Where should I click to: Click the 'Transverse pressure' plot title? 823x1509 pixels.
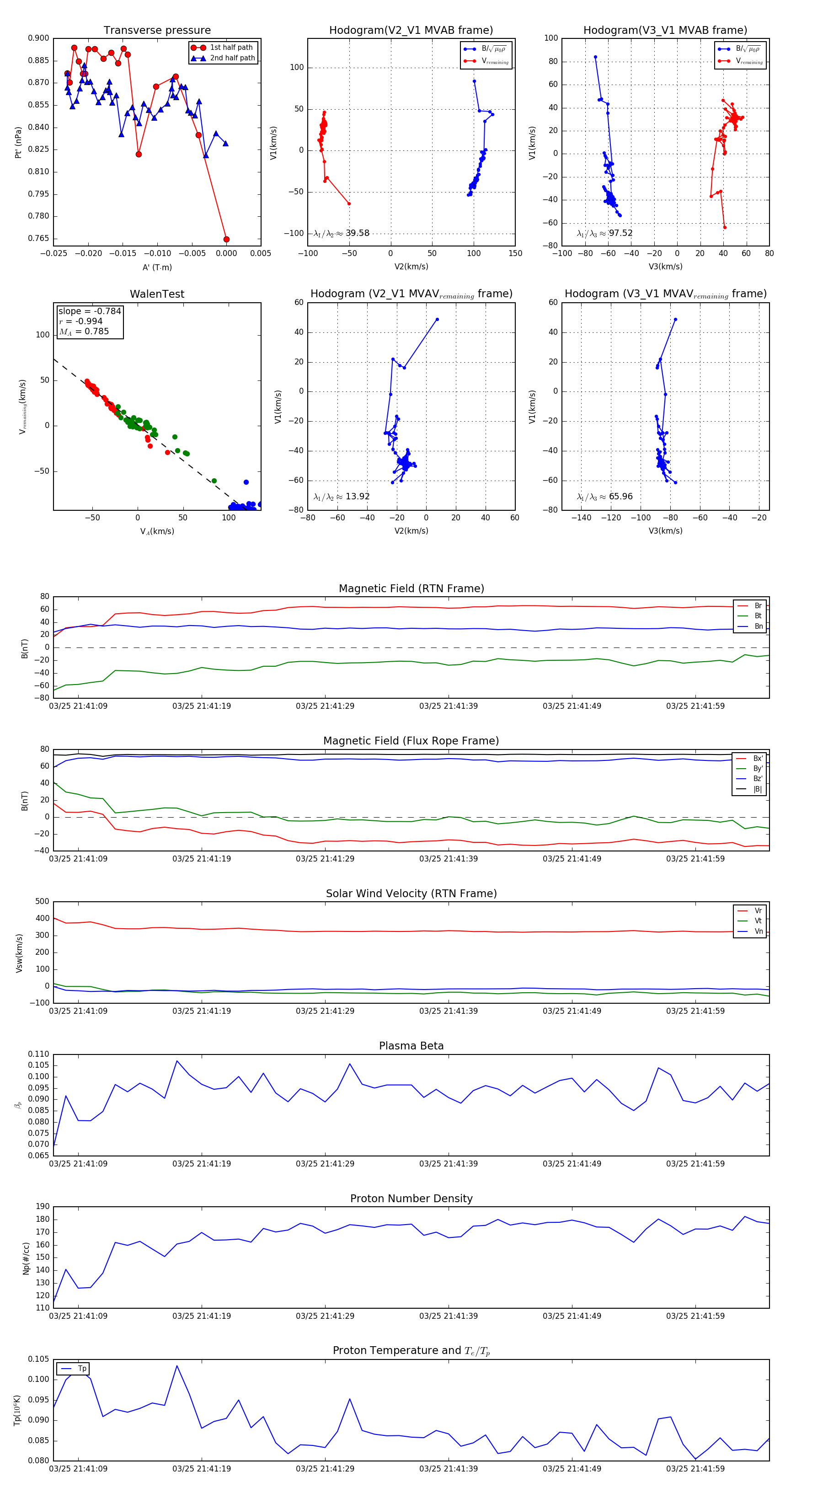tap(157, 31)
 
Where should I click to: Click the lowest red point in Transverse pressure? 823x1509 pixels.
tap(226, 239)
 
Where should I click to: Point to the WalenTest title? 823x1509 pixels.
tap(157, 294)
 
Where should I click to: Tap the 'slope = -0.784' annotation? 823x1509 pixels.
tap(90, 311)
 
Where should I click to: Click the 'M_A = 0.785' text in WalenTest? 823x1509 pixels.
tap(84, 332)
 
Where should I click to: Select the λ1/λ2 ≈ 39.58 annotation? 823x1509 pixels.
tap(342, 233)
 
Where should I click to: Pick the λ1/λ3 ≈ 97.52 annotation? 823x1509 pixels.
tap(604, 233)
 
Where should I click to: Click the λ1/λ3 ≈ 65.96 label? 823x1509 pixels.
tap(604, 497)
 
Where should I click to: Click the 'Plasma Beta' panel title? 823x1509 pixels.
tap(411, 1046)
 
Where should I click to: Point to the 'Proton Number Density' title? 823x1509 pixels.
tap(411, 1199)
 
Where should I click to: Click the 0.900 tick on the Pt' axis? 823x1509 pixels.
tap(39, 39)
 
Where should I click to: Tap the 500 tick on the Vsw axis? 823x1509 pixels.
tap(42, 902)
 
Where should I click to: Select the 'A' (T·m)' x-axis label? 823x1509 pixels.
tap(157, 267)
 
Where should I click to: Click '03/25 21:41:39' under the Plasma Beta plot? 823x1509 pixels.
tap(448, 1164)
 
